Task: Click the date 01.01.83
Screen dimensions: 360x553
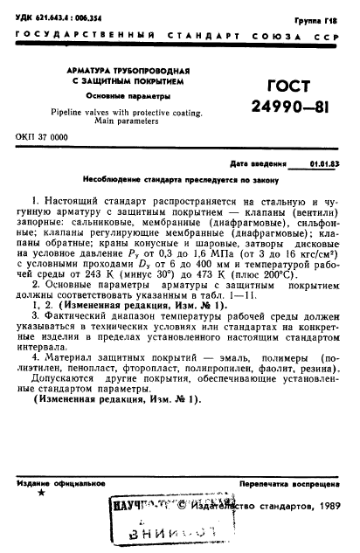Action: pyautogui.click(x=326, y=163)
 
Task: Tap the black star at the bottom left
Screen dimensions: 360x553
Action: pyautogui.click(x=40, y=494)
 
